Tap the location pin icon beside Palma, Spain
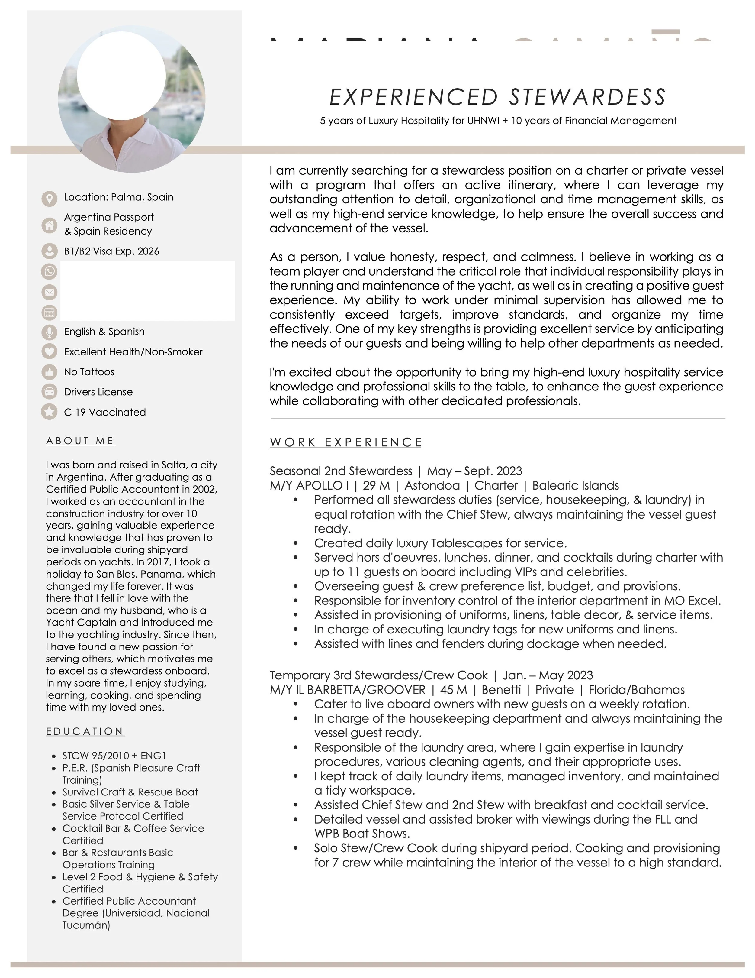coord(49,198)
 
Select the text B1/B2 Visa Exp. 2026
coord(111,251)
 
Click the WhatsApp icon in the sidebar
coord(49,271)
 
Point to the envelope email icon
coord(49,293)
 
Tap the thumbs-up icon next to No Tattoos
coord(49,372)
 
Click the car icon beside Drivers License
coord(49,392)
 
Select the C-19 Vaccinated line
coord(105,412)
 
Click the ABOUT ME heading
coord(80,441)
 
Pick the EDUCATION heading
coord(85,731)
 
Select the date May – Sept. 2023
coord(474,471)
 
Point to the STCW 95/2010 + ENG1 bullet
coord(114,756)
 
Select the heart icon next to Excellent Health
coord(49,351)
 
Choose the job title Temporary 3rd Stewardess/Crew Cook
coord(379,675)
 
